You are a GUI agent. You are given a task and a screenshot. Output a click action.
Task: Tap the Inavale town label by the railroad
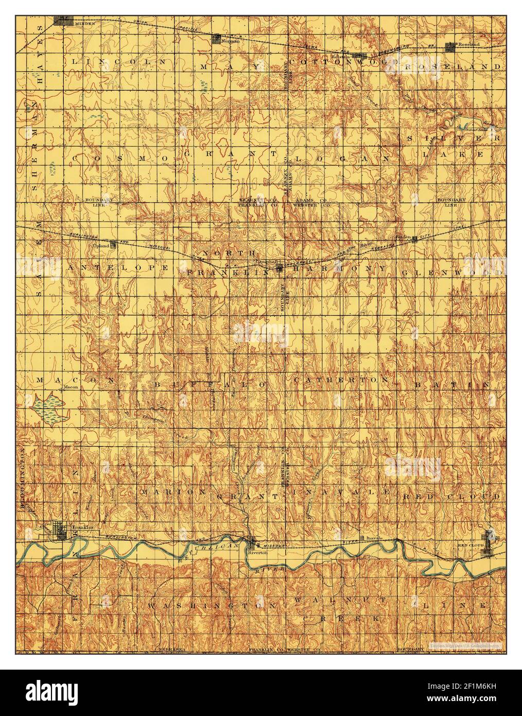[370, 537]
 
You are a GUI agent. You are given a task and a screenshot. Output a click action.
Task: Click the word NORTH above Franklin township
[228, 253]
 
